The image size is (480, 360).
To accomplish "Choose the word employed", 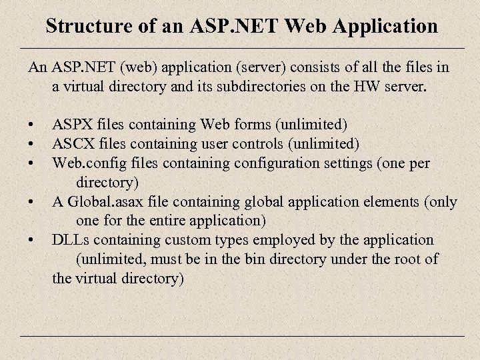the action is (x=259, y=239).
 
